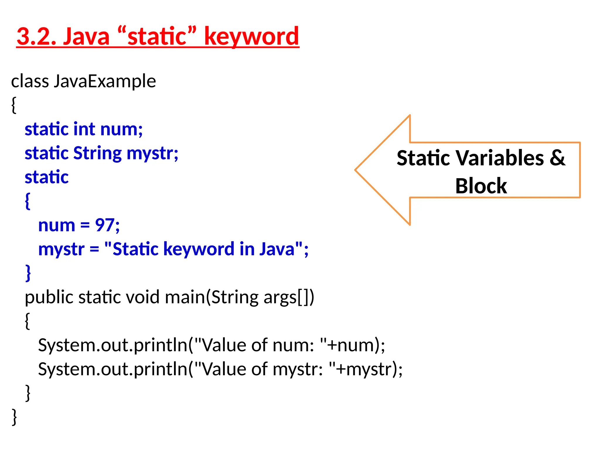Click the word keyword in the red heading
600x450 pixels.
pos(251,36)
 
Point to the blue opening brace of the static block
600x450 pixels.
pos(28,201)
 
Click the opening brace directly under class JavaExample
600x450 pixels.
pos(14,105)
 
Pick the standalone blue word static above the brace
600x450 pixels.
pos(47,177)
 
